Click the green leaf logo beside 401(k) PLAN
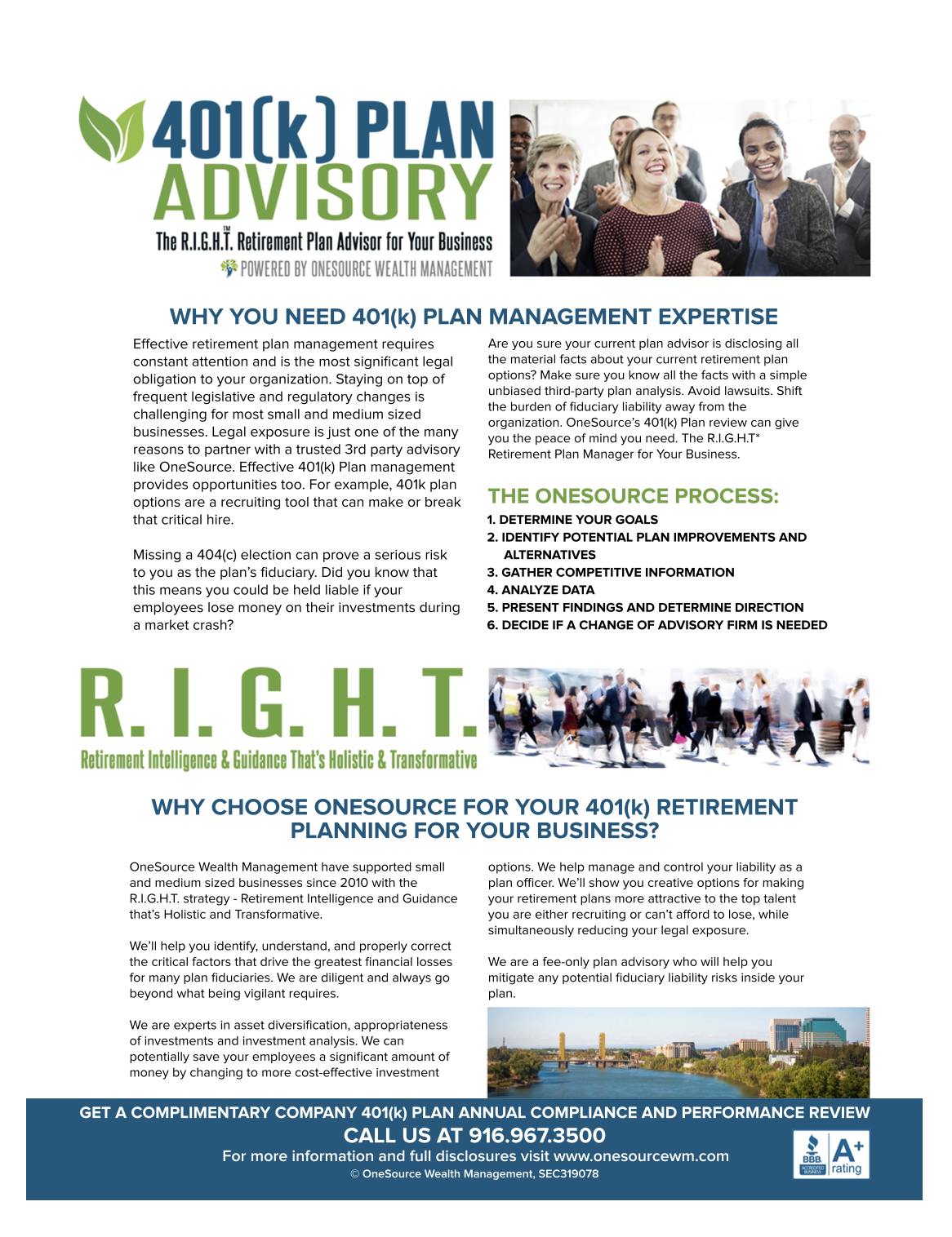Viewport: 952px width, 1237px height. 111,129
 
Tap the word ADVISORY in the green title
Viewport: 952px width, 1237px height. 323,193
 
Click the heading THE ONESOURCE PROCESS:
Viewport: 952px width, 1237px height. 633,496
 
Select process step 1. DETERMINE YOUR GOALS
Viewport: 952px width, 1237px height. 572,520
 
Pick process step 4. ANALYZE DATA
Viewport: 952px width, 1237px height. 541,590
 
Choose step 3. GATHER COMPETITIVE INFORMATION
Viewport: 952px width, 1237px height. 611,573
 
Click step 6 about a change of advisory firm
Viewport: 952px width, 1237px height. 657,625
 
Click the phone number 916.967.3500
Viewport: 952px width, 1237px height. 536,1136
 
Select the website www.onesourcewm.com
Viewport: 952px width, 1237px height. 641,1156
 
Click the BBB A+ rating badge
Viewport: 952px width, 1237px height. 831,1155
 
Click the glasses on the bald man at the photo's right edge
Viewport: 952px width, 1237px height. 844,134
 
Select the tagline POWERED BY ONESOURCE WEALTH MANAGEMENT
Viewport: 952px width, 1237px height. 366,269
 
